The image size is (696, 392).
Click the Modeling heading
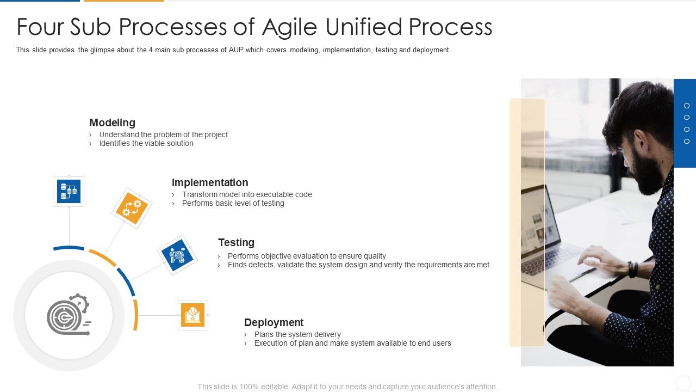click(112, 123)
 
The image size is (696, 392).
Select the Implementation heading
click(210, 183)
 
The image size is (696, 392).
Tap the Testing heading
click(236, 243)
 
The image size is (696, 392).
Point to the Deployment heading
click(274, 322)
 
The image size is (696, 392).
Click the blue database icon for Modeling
click(69, 191)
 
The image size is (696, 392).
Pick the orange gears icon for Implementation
click(132, 208)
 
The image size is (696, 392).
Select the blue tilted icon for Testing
click(177, 255)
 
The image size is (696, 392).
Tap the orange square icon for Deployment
click(193, 315)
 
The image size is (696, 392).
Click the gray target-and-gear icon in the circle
click(69, 315)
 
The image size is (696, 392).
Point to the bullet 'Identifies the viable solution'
click(146, 144)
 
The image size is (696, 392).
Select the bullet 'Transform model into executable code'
click(247, 194)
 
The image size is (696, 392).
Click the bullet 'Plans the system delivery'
click(297, 334)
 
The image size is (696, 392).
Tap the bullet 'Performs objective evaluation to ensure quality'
click(307, 256)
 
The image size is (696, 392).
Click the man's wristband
click(632, 269)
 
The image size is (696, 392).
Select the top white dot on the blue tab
click(687, 106)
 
